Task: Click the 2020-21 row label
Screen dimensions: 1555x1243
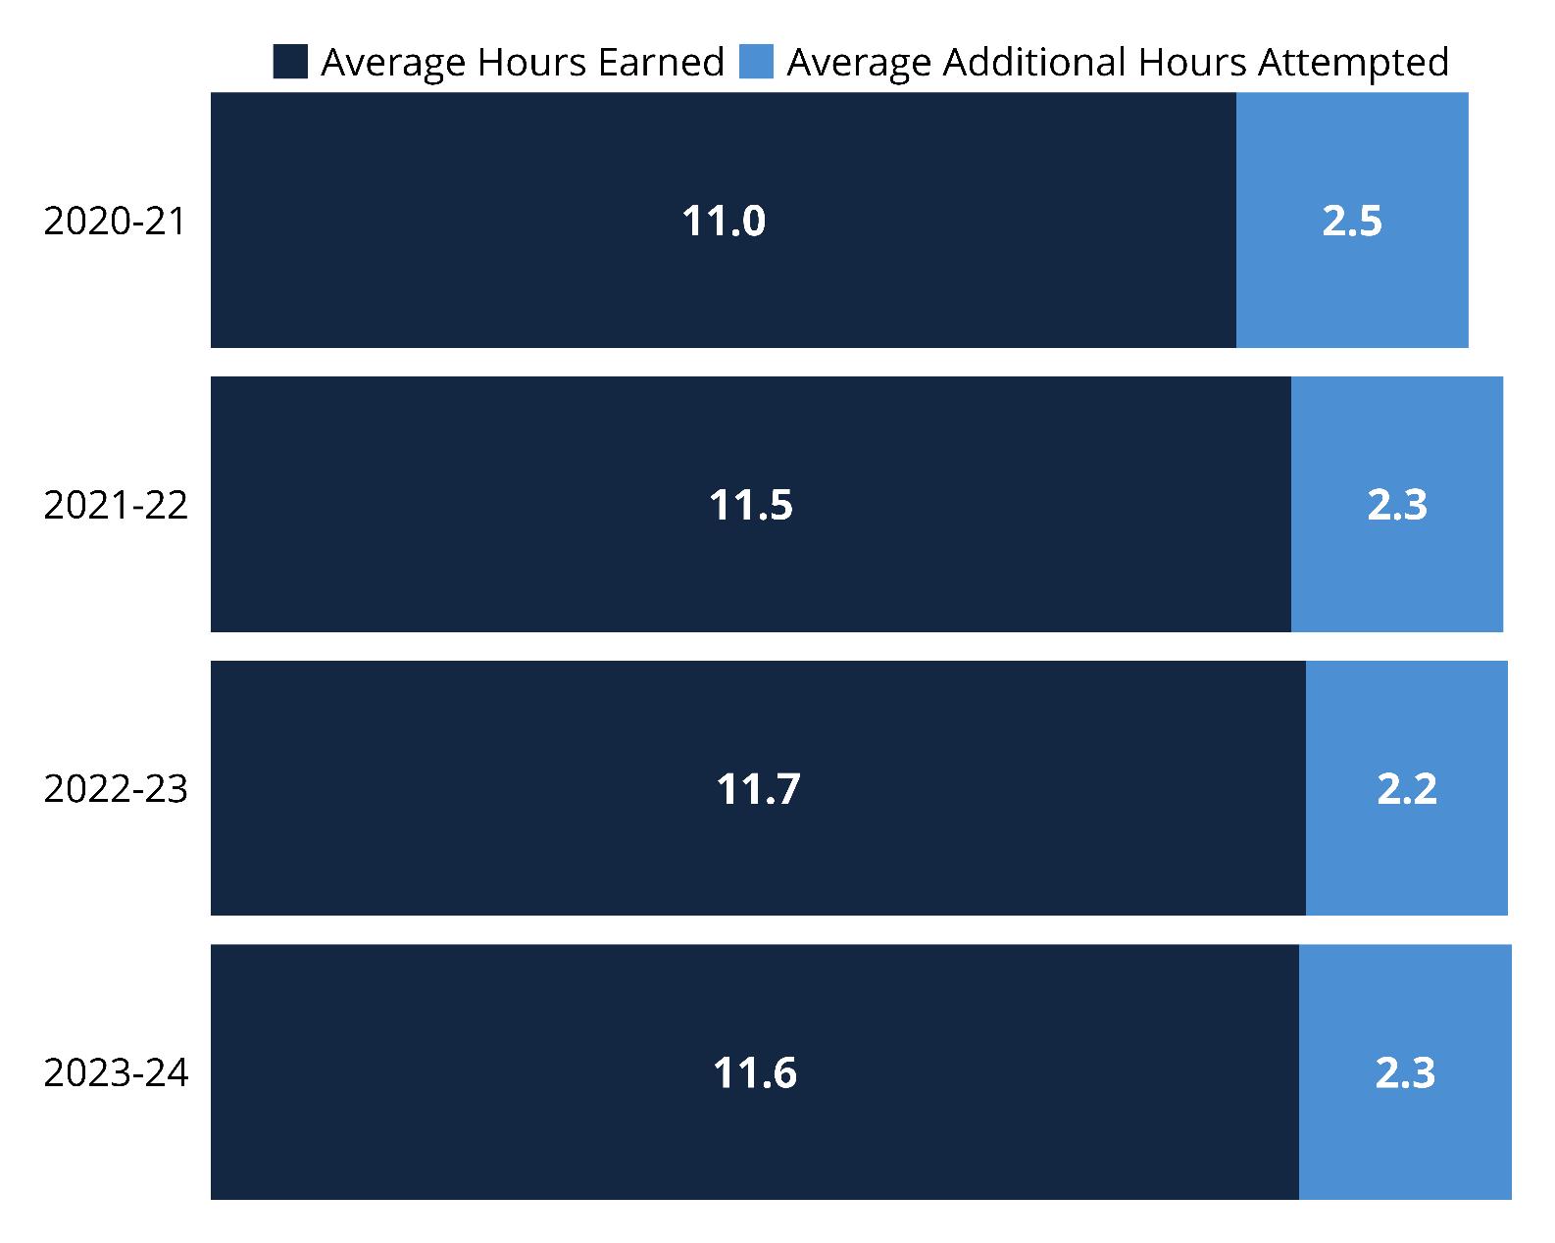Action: pos(115,221)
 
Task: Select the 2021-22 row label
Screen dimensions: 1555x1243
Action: pos(116,505)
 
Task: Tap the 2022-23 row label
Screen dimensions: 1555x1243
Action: pos(116,788)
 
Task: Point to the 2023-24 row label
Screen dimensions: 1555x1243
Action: pos(116,1072)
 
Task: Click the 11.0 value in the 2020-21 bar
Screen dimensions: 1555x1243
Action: pos(724,221)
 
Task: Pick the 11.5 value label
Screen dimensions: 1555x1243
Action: pos(751,505)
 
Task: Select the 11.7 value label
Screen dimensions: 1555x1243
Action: pos(758,788)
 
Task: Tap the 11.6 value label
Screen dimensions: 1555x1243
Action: pos(755,1072)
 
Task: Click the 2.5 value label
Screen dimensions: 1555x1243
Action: pos(1352,221)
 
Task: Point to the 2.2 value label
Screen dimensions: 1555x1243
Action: pos(1407,788)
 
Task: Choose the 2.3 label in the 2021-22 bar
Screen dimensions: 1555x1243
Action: pos(1397,505)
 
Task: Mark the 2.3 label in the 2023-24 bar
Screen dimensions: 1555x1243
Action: pos(1405,1072)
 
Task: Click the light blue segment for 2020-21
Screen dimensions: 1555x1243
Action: pos(1352,220)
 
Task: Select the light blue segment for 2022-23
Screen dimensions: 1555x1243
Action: pos(1407,788)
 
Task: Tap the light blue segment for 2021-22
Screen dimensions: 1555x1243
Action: pos(1397,504)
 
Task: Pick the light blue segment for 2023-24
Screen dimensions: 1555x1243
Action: pos(1405,1071)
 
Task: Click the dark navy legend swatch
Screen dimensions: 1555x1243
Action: pos(290,62)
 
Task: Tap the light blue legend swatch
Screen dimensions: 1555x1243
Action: pos(757,62)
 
